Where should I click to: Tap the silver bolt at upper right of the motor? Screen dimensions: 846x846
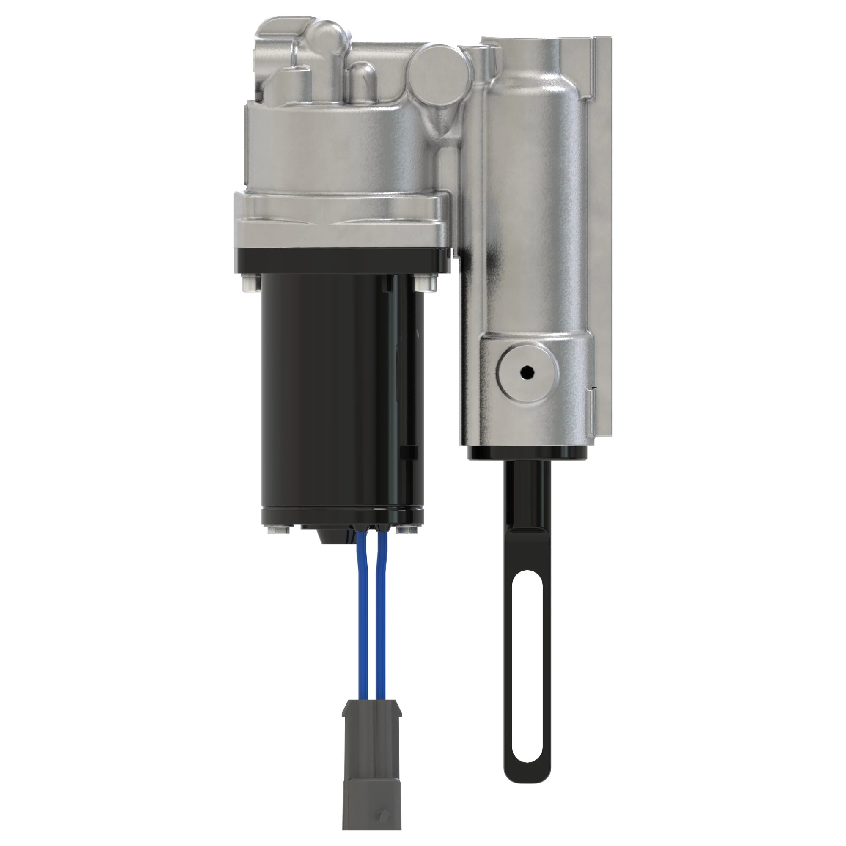(425, 283)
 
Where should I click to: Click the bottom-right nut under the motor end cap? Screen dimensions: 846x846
(405, 530)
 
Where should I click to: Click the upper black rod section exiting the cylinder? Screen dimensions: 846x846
(526, 490)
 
